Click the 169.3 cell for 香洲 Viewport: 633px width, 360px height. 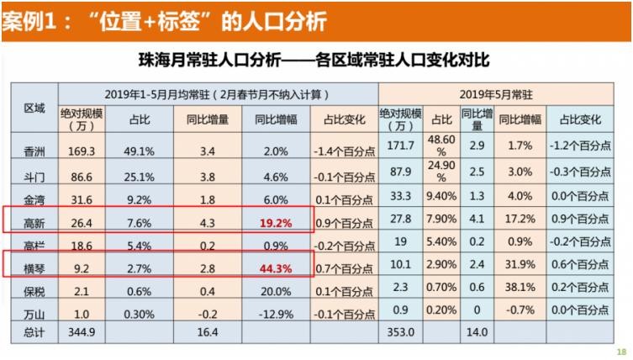(x=80, y=151)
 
